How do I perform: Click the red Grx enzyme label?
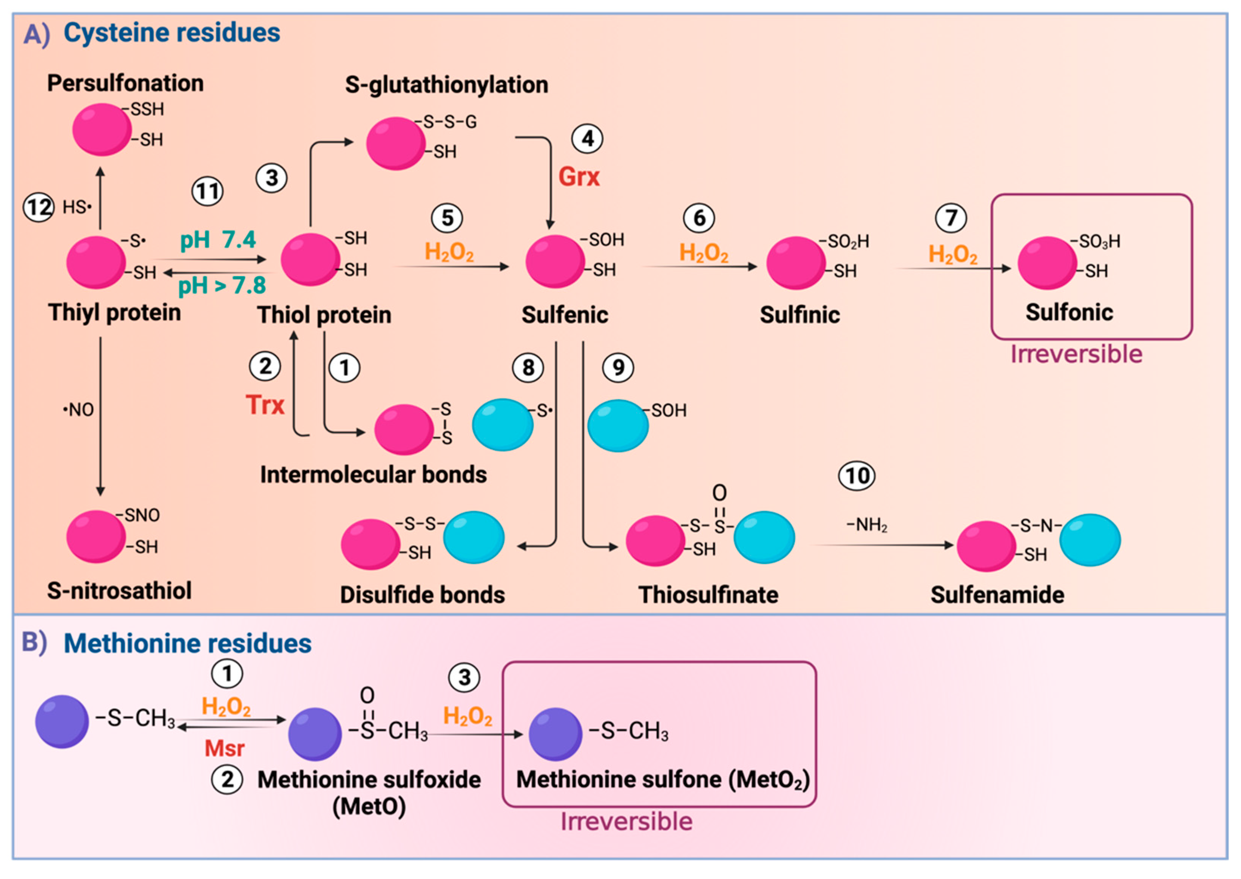coord(579,177)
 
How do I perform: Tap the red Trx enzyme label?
coord(265,405)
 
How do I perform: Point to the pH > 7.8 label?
coord(222,285)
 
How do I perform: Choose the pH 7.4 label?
coord(218,239)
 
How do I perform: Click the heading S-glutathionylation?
coord(446,85)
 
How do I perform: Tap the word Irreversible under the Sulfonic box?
coord(1076,354)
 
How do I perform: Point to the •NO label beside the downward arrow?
coord(79,410)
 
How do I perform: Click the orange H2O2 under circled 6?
coord(704,253)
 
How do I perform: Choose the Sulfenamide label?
coord(997,595)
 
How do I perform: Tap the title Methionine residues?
coord(187,644)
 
